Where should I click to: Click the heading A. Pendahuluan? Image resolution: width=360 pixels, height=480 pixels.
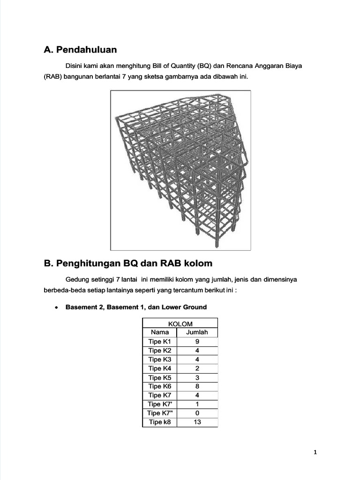pos(80,50)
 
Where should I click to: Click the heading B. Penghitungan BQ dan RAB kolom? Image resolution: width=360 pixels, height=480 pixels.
pos(128,263)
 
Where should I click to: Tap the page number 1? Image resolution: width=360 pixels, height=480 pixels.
pos(315,452)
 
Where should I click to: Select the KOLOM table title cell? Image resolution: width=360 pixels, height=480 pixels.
pos(180,323)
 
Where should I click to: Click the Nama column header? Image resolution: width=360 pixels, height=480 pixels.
pos(160,332)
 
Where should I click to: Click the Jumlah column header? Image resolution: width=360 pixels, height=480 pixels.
pos(197,332)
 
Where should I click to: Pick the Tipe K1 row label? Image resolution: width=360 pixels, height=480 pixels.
pos(160,341)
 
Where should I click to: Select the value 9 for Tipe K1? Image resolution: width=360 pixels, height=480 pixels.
pos(197,341)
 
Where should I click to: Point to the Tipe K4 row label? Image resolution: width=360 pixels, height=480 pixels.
pos(160,368)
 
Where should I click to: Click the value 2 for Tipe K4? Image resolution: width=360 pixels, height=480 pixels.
pos(197,368)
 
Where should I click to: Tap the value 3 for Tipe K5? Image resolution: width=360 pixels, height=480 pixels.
pos(197,377)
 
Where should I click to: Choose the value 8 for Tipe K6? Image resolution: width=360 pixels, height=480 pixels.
pos(197,386)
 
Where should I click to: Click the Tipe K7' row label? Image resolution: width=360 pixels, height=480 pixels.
pos(160,404)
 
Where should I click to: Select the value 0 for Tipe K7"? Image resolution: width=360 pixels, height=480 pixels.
pos(197,413)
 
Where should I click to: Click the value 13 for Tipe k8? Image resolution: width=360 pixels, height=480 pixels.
pos(197,422)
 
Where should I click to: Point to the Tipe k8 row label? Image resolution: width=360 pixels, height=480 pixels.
pos(160,422)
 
